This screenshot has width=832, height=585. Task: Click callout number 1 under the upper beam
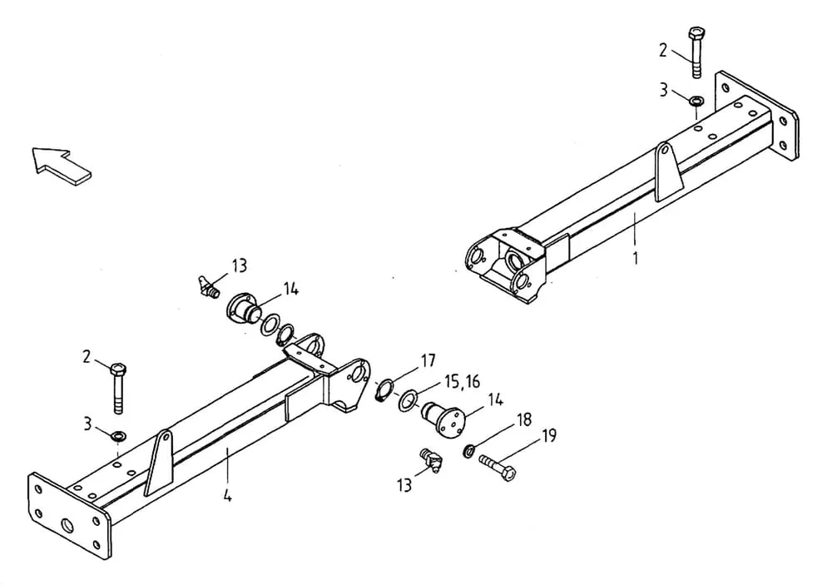[635, 259]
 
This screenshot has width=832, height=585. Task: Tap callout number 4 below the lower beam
[227, 496]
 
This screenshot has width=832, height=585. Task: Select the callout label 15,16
[462, 382]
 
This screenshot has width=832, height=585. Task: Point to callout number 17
[428, 361]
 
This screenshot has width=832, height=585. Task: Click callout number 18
[523, 420]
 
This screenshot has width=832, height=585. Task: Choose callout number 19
[548, 436]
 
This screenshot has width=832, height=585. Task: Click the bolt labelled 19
[498, 466]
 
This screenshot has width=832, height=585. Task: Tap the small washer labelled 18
[469, 451]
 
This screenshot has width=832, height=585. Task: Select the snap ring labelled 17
[384, 390]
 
